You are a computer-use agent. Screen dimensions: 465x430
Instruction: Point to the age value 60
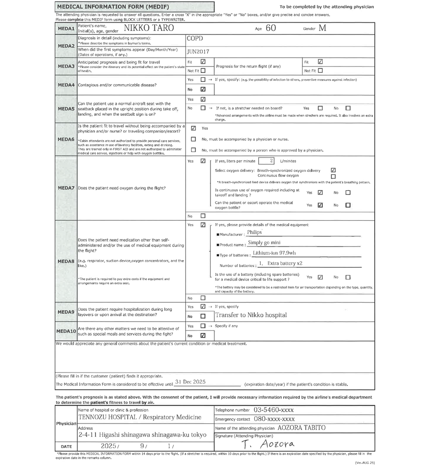click(271, 28)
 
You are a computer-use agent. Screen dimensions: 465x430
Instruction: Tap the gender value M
click(321, 28)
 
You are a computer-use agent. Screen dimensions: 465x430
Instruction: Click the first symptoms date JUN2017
click(198, 52)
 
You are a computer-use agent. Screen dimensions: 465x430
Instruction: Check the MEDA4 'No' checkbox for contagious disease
click(203, 90)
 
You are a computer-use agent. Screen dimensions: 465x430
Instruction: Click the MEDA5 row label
click(66, 109)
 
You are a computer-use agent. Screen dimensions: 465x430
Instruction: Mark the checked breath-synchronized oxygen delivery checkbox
click(334, 170)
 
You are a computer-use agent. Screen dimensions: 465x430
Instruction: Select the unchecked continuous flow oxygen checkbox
click(334, 176)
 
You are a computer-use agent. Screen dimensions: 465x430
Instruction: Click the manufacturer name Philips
click(254, 232)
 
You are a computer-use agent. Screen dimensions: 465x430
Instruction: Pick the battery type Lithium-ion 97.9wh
click(274, 253)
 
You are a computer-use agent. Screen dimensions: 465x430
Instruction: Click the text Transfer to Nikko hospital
click(251, 315)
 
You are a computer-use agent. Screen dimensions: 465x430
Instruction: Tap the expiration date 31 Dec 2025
click(190, 382)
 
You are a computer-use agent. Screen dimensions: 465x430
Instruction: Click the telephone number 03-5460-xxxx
click(273, 410)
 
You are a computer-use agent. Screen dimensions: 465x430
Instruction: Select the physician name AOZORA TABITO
click(301, 427)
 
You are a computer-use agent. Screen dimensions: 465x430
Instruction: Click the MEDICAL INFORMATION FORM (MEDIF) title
click(104, 7)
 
